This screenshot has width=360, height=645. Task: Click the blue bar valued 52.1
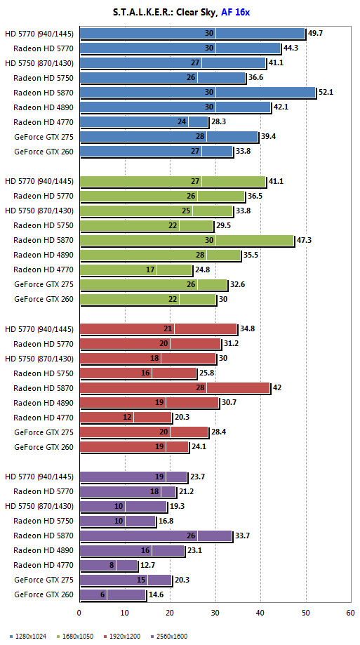[197, 92]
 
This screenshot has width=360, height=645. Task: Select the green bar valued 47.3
[187, 240]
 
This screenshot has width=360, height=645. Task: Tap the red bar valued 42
[175, 388]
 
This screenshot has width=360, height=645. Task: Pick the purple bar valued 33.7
[156, 536]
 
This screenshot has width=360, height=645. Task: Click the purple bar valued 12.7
[109, 566]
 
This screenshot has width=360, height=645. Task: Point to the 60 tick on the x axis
[351, 613]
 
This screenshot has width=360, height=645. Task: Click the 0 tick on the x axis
[79, 613]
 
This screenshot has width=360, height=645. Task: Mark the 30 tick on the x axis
[215, 613]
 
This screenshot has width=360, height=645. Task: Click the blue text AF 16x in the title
[235, 13]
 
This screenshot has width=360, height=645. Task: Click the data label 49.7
[315, 33]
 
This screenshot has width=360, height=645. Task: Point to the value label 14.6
[156, 594]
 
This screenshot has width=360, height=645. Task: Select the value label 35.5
[251, 255]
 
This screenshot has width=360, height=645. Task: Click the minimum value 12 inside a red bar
[128, 418]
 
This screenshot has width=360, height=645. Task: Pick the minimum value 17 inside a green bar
[150, 270]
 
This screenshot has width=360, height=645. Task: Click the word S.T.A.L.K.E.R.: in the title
[143, 13]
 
